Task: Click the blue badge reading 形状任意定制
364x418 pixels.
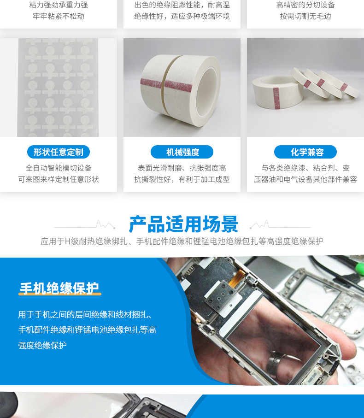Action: pyautogui.click(x=59, y=152)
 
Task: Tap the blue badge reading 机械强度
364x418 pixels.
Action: pyautogui.click(x=182, y=152)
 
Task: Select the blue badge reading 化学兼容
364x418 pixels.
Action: pyautogui.click(x=305, y=152)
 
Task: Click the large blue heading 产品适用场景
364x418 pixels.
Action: pyautogui.click(x=183, y=224)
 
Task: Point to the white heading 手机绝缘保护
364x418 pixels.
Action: pyautogui.click(x=59, y=288)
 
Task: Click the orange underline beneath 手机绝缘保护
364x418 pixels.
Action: pyautogui.click(x=60, y=294)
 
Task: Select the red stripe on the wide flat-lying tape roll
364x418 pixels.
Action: pyautogui.click(x=276, y=98)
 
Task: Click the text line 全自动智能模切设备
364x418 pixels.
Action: pyautogui.click(x=59, y=168)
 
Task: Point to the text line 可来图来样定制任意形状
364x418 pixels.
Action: pyautogui.click(x=59, y=179)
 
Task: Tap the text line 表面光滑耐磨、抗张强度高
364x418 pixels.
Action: pyautogui.click(x=182, y=168)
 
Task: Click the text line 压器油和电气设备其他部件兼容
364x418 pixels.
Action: pyautogui.click(x=305, y=179)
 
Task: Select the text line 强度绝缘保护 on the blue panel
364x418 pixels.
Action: pyautogui.click(x=42, y=346)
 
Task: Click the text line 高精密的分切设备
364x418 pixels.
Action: pyautogui.click(x=305, y=5)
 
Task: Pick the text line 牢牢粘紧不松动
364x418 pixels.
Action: pyautogui.click(x=59, y=16)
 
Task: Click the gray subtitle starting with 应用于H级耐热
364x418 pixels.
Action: pyautogui.click(x=182, y=241)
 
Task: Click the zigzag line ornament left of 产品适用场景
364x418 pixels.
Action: pyautogui.click(x=84, y=225)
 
